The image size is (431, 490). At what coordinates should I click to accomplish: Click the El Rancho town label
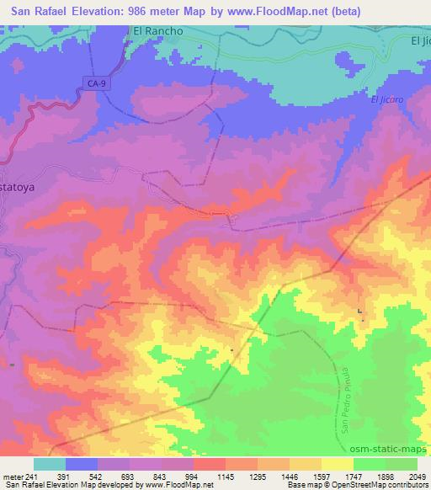[x=157, y=30]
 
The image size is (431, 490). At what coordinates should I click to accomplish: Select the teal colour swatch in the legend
[x=49, y=465]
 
